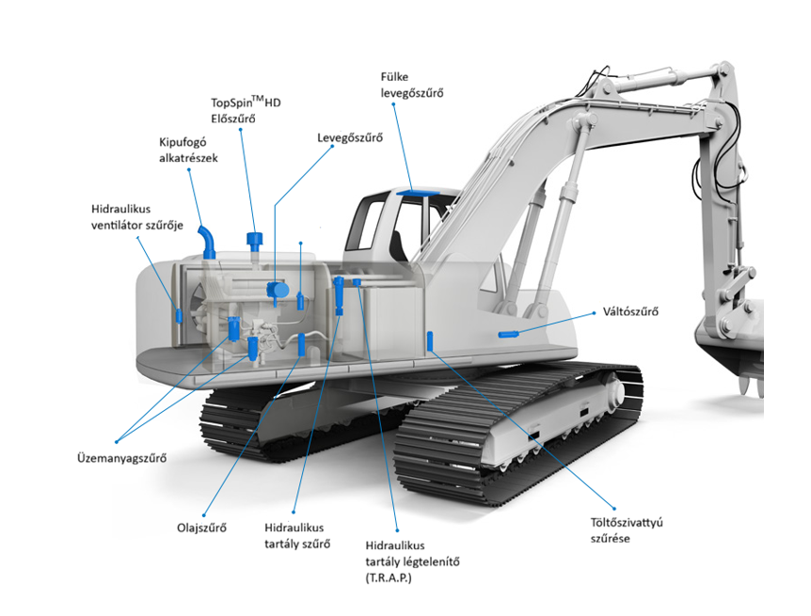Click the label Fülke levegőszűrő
pyautogui.click(x=412, y=85)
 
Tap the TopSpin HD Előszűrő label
pyautogui.click(x=246, y=110)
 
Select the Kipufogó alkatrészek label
pyautogui.click(x=188, y=150)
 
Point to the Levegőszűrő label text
pyautogui.click(x=350, y=137)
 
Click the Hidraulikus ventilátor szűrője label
pyautogui.click(x=137, y=217)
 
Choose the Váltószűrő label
pyautogui.click(x=630, y=312)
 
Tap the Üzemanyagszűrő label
pyautogui.click(x=122, y=458)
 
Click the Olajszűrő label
pyautogui.click(x=201, y=529)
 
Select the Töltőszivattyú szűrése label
pyautogui.click(x=627, y=530)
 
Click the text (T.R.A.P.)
pyautogui.click(x=389, y=577)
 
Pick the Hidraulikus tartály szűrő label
pyautogui.click(x=297, y=536)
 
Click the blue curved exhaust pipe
pyautogui.click(x=206, y=242)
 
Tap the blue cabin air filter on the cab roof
pyautogui.click(x=418, y=193)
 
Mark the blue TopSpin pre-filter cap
pyautogui.click(x=254, y=240)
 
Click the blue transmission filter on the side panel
pyautogui.click(x=508, y=334)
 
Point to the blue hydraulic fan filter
pyautogui.click(x=179, y=316)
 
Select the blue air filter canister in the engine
pyautogui.click(x=278, y=291)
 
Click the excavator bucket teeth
pyautogui.click(x=753, y=387)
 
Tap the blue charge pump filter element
pyautogui.click(x=430, y=341)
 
